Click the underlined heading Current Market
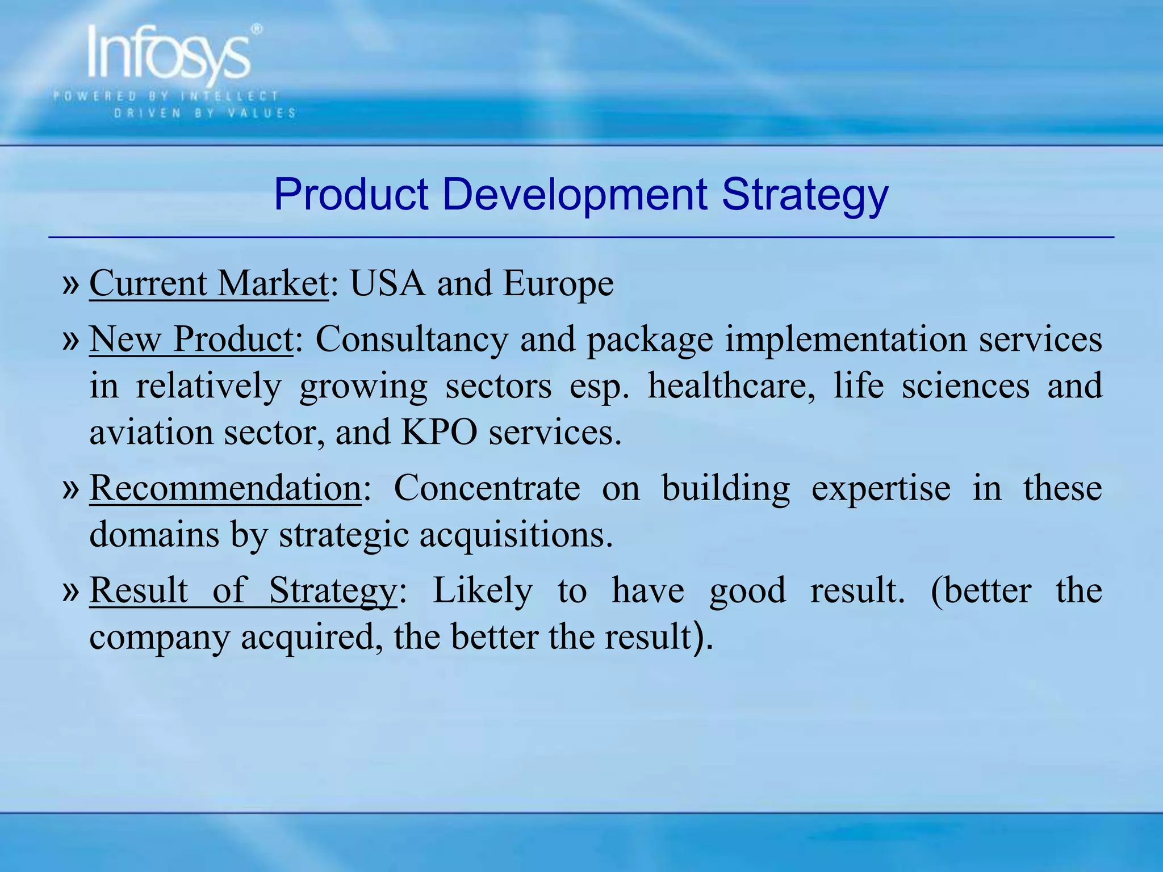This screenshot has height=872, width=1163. pyautogui.click(x=209, y=283)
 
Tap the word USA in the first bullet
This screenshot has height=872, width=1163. pyautogui.click(x=387, y=283)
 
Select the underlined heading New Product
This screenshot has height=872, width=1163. pyautogui.click(x=191, y=339)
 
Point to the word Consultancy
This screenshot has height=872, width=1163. pyautogui.click(x=411, y=340)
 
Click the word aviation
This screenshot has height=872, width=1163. pyautogui.click(x=150, y=433)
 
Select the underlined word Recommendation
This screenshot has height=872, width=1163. pyautogui.click(x=225, y=488)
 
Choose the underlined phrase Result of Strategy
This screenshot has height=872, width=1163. pyautogui.click(x=243, y=590)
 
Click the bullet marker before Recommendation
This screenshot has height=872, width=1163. pyautogui.click(x=71, y=488)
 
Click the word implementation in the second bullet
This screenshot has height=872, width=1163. pyautogui.click(x=845, y=340)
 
